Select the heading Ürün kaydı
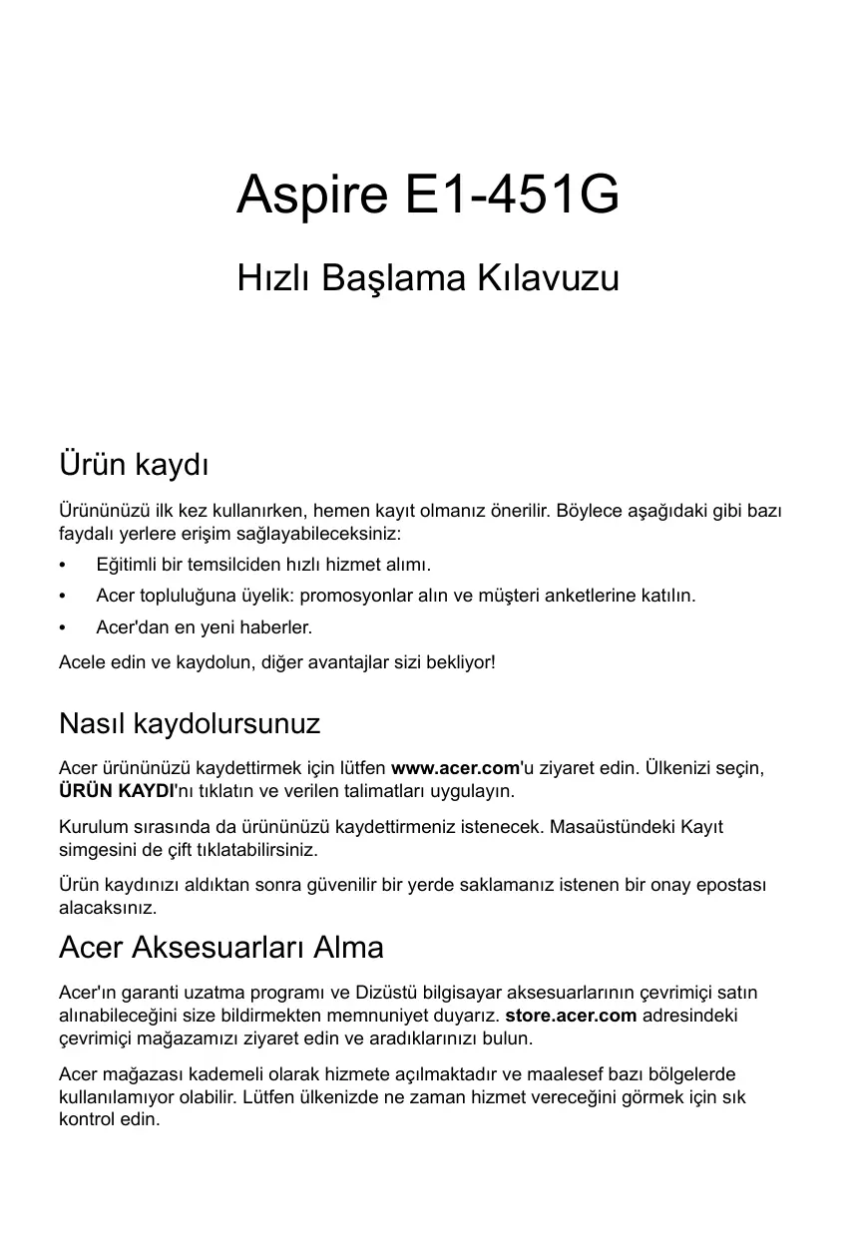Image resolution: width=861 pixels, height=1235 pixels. [x=134, y=465]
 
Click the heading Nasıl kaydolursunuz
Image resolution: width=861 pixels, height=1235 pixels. [x=190, y=722]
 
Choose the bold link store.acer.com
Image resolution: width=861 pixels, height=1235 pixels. [x=571, y=1016]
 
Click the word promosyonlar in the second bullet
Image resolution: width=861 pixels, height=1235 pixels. [x=348, y=597]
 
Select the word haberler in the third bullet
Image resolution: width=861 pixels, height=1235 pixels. [x=276, y=628]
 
